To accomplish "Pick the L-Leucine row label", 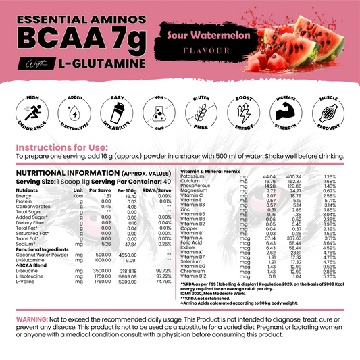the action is click(x=25, y=269).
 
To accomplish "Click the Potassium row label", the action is click(x=195, y=176).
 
